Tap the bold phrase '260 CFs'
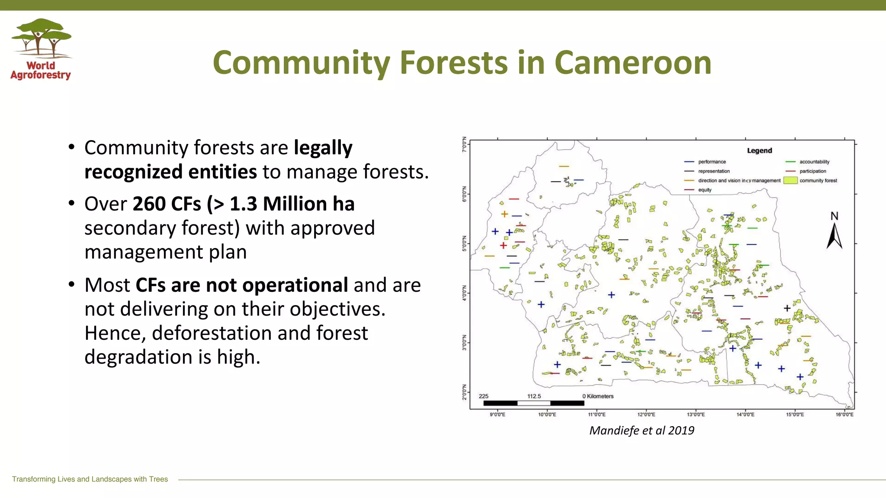167,204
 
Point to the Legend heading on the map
759,150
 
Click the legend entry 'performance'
712,162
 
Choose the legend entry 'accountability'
814,162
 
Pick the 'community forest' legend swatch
790,181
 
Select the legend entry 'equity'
704,190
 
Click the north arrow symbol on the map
834,236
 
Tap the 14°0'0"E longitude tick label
745,415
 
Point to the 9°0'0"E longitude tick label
497,415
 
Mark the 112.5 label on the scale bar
534,396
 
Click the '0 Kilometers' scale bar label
598,396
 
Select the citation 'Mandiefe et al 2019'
642,431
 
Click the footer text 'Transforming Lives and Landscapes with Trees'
90,479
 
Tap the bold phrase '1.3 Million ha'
292,204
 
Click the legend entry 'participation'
812,171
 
